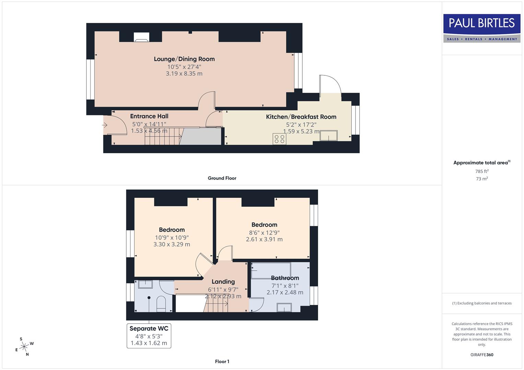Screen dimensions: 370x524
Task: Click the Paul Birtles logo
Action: (x=482, y=28)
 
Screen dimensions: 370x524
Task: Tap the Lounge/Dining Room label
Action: (x=184, y=59)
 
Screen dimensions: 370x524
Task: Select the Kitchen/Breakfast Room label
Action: (x=301, y=117)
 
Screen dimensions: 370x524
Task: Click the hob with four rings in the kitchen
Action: (x=279, y=139)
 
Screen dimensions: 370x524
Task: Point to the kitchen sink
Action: (x=328, y=136)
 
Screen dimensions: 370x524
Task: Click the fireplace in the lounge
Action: (x=141, y=37)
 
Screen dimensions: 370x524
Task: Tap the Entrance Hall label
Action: (x=149, y=116)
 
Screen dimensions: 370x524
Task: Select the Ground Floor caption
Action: (x=222, y=178)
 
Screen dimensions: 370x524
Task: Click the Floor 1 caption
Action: (x=222, y=361)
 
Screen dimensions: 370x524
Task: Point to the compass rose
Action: (x=24, y=347)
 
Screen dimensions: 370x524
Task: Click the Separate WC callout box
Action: (x=149, y=336)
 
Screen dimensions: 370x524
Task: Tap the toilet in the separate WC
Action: (x=161, y=304)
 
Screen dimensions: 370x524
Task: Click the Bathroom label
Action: (x=285, y=278)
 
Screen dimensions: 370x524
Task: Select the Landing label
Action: (x=223, y=282)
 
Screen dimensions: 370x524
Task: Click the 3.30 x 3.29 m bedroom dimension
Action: (x=172, y=245)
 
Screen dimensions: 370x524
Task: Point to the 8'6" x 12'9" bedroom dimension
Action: (x=264, y=232)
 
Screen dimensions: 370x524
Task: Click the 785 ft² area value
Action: (x=482, y=171)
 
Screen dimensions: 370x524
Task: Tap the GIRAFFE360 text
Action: (x=482, y=355)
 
